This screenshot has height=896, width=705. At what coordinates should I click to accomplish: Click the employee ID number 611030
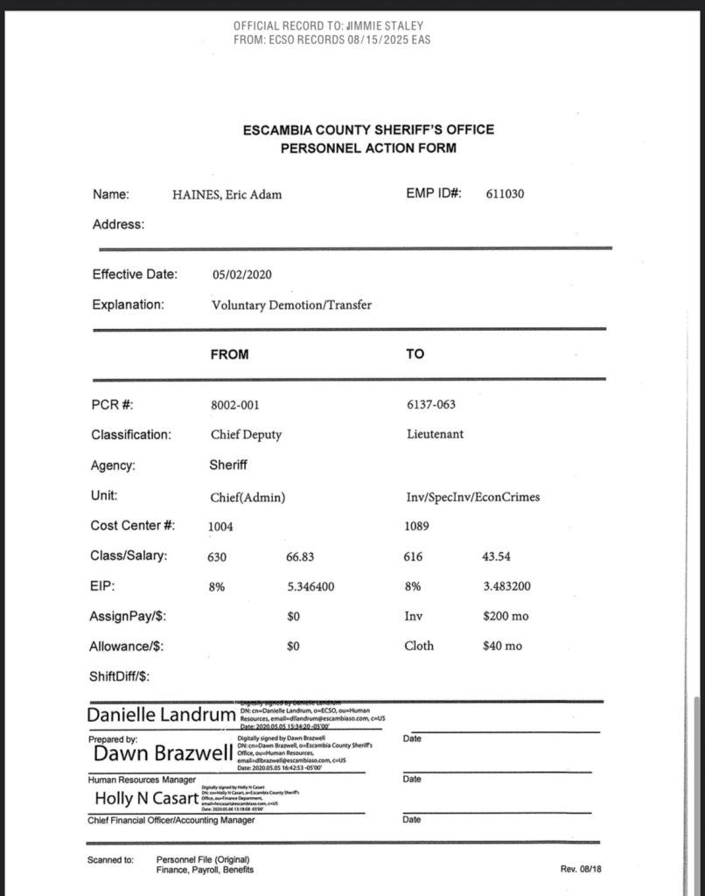point(505,194)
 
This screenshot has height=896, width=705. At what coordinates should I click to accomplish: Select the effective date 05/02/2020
point(241,275)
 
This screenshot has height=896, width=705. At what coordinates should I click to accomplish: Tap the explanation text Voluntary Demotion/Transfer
point(291,305)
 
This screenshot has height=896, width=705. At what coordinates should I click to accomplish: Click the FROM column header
point(229,354)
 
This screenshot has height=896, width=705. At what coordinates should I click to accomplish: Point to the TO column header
point(415,354)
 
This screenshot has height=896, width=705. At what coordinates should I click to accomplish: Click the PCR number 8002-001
point(234,405)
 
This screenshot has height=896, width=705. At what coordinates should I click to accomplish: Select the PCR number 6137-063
point(430,404)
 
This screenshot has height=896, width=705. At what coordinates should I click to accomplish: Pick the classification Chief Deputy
point(246,434)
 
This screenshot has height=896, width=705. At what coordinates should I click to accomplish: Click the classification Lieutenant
point(435,434)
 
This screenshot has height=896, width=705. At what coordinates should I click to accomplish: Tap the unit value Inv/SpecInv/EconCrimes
point(472,497)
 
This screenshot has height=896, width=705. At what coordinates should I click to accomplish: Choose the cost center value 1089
point(417,527)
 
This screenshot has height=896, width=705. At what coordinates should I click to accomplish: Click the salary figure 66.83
point(300,556)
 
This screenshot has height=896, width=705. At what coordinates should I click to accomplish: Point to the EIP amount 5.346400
point(311,587)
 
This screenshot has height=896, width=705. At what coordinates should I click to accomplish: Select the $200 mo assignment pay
point(506,617)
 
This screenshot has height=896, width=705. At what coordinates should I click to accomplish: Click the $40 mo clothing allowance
point(502,647)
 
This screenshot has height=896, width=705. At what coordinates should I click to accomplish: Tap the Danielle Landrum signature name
point(161,716)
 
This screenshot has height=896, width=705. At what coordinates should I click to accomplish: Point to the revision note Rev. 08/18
point(581,868)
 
